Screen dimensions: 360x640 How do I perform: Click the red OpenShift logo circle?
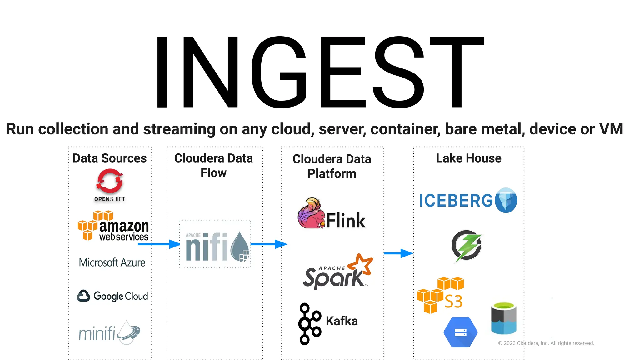110,181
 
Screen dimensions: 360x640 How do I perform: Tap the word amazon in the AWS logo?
124,226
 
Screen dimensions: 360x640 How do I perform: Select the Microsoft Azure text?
112,262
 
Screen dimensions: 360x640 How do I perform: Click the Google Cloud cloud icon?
83,296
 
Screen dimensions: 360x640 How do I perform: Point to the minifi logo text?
97,333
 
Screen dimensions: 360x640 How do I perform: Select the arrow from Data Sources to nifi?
159,244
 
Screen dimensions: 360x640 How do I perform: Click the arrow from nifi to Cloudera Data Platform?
269,244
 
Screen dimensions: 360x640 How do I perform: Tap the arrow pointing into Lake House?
398,253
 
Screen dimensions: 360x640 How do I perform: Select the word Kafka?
342,321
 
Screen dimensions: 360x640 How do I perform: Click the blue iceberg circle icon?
506,200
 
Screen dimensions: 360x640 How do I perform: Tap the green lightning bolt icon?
467,245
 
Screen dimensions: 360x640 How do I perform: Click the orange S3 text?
453,302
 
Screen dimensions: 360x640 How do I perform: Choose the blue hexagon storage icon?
460,332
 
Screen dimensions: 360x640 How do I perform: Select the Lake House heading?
468,158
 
